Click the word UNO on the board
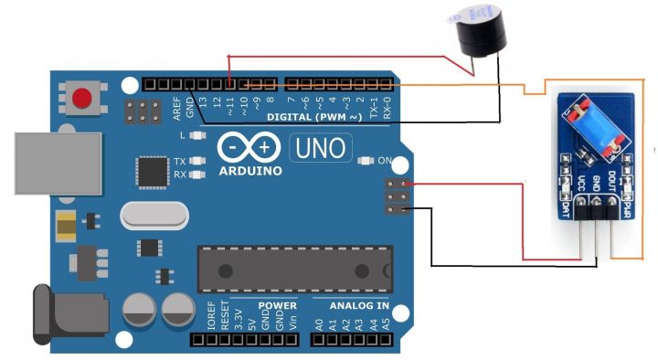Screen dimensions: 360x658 pos(319,146)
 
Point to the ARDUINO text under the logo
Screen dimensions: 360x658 pos(250,169)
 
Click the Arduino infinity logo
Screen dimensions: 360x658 pos(250,147)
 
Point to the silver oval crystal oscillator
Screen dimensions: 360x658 pos(154,216)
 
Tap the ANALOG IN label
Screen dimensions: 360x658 pos(352,305)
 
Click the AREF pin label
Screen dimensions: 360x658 pos(176,107)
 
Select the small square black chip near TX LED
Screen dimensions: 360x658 pos(149,170)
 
